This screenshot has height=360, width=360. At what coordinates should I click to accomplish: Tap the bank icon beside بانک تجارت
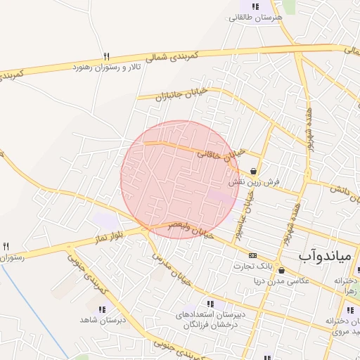[252, 255]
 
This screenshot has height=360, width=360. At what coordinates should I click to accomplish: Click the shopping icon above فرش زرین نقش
[252, 171]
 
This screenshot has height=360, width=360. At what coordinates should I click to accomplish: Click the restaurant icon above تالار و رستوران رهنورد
[106, 56]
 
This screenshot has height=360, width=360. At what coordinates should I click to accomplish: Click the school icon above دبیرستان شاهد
[103, 309]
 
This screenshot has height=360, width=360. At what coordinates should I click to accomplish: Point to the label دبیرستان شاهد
[103, 320]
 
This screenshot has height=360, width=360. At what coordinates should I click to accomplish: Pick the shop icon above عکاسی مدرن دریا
[282, 269]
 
